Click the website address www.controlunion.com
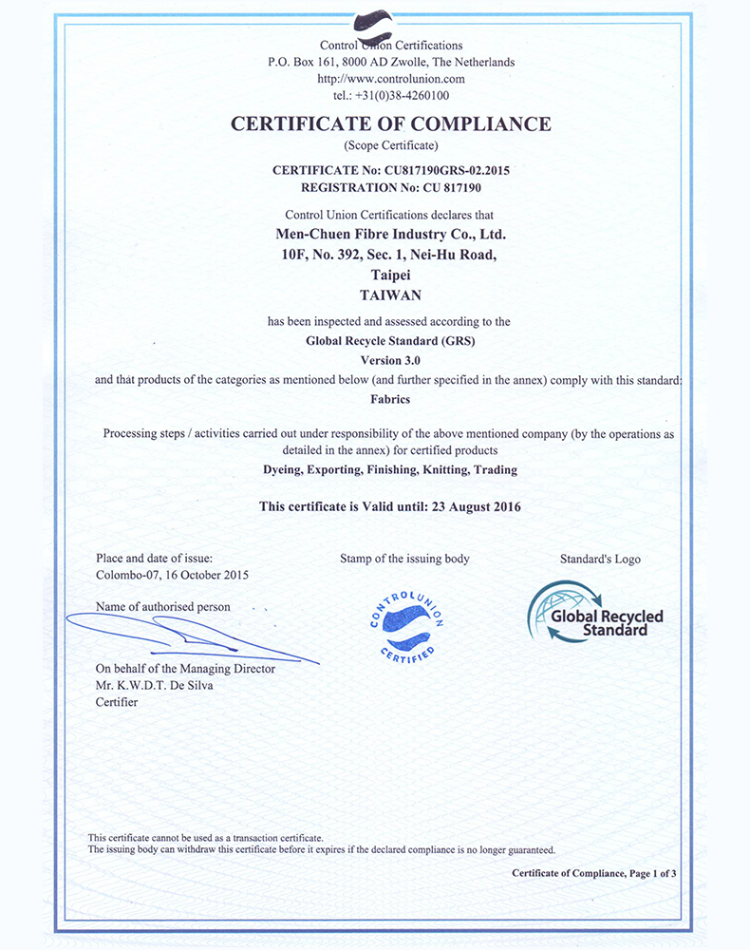(390, 79)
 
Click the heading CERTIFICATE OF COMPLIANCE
(390, 123)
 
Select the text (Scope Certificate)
(390, 145)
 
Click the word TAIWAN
(390, 294)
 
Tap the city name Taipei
(390, 275)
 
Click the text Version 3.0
(390, 361)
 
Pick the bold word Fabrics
(390, 400)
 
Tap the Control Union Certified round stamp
(405, 626)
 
